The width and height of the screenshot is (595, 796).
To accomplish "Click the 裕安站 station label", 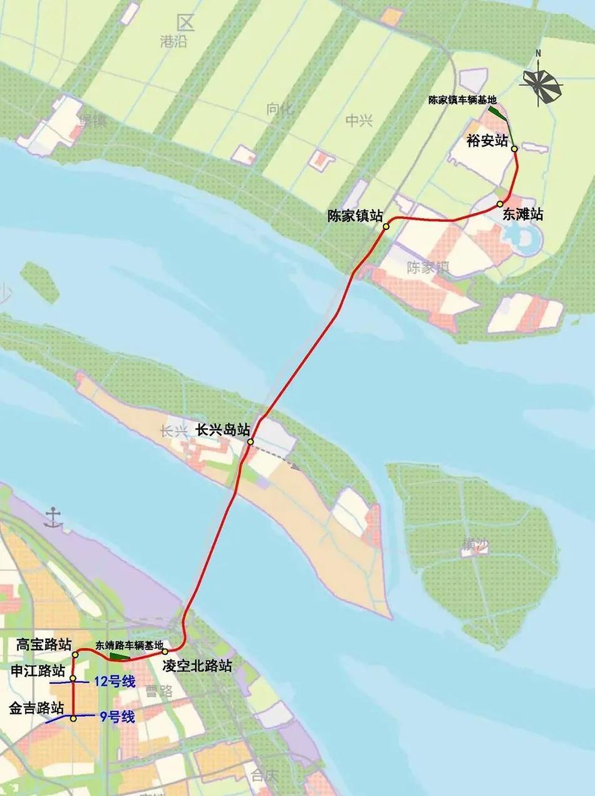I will (x=487, y=140).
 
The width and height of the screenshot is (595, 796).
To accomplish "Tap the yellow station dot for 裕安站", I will (x=514, y=149).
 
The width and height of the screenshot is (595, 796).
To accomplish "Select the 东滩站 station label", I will (x=522, y=215).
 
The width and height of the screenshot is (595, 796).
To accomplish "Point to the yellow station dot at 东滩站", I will (x=500, y=204).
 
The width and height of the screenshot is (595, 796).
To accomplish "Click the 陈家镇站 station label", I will (x=355, y=216).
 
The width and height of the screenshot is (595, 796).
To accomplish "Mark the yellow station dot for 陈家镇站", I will (x=387, y=226).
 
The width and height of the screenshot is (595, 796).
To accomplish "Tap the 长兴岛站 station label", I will (x=223, y=430).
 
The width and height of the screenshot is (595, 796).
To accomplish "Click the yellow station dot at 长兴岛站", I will (x=250, y=443).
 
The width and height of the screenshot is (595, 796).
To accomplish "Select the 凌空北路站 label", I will (x=197, y=666).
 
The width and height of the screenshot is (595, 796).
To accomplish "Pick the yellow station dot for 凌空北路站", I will (x=165, y=652).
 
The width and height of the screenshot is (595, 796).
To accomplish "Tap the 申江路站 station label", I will (x=38, y=671).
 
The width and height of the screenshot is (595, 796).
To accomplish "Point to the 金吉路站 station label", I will (x=36, y=708).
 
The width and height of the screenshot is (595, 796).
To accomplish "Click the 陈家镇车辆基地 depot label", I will (x=462, y=100).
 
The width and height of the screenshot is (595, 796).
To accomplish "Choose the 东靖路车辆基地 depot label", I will (x=129, y=645).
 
